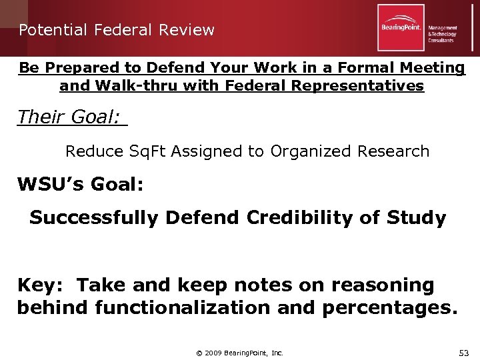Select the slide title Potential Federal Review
(x=117, y=30)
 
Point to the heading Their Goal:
(x=69, y=117)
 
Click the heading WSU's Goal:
(x=80, y=185)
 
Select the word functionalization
(x=193, y=307)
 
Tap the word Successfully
(x=94, y=218)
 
